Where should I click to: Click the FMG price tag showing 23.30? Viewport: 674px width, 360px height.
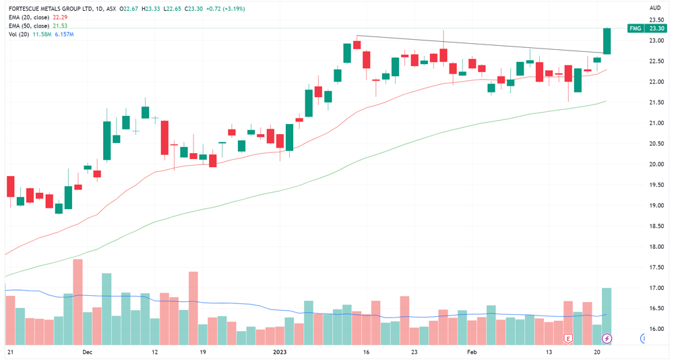pyautogui.click(x=647, y=28)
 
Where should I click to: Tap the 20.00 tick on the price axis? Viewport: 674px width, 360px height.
pyautogui.click(x=656, y=164)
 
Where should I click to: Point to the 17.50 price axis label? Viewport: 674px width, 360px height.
pyautogui.click(x=656, y=267)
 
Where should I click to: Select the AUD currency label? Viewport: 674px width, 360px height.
pyautogui.click(x=655, y=7)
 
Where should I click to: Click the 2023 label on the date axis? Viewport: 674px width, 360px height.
pyautogui.click(x=280, y=352)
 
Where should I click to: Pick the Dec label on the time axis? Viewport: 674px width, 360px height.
pyautogui.click(x=87, y=352)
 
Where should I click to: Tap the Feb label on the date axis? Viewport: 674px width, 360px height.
pyautogui.click(x=472, y=352)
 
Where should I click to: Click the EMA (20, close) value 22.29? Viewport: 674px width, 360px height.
pyautogui.click(x=60, y=18)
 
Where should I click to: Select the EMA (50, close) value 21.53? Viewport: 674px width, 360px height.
pyautogui.click(x=60, y=26)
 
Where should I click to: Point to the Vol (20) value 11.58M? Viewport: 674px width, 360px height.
pyautogui.click(x=42, y=34)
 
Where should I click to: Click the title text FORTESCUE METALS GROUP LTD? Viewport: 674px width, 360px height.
pyautogui.click(x=50, y=9)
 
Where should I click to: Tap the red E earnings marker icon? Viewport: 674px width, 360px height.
pyautogui.click(x=568, y=338)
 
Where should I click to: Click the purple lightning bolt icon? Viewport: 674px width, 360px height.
pyautogui.click(x=607, y=338)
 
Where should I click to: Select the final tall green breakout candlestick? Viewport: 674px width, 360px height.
pyautogui.click(x=607, y=41)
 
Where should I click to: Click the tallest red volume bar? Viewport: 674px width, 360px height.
pyautogui.click(x=78, y=302)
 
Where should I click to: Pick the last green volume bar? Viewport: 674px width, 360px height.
pyautogui.click(x=607, y=317)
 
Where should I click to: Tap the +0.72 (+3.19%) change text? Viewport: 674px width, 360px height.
pyautogui.click(x=225, y=9)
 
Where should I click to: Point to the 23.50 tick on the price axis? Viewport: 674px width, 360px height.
pyautogui.click(x=656, y=20)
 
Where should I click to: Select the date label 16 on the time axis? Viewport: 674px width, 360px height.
pyautogui.click(x=366, y=352)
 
